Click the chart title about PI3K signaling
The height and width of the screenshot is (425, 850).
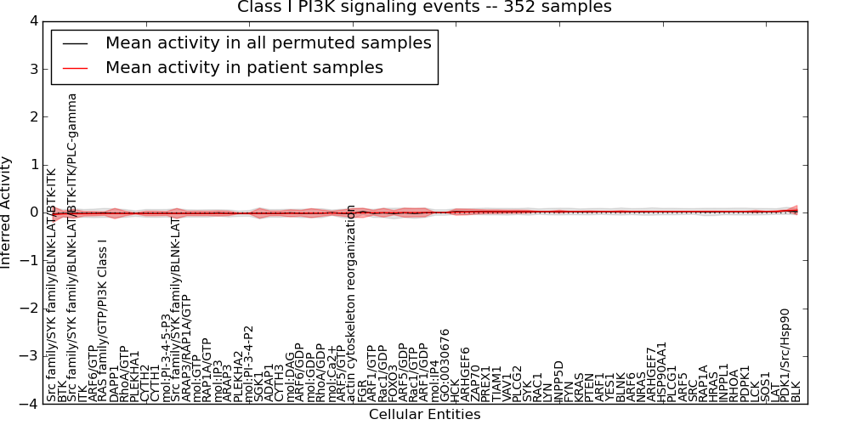pos(424,8)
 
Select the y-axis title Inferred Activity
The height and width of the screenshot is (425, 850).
pos(8,212)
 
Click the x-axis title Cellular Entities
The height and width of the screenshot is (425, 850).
pos(424,415)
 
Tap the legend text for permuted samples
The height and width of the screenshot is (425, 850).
pos(268,42)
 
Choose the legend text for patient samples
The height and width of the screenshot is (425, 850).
pos(244,67)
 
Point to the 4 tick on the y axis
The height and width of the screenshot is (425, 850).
pos(32,20)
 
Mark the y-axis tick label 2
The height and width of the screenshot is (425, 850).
pos(32,116)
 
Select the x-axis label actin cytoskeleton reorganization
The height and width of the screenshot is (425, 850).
pos(351,302)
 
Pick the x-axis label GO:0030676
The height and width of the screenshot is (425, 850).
pos(445,364)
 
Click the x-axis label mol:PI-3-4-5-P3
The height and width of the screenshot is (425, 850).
pos(167,357)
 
